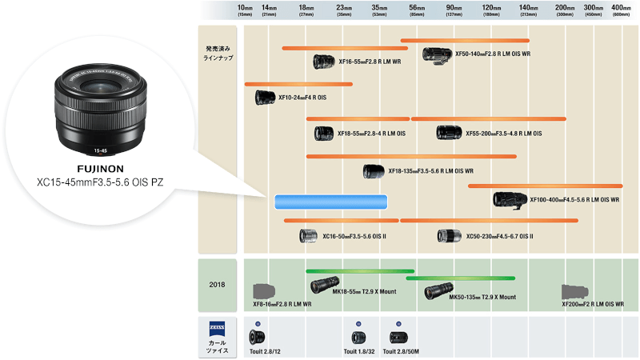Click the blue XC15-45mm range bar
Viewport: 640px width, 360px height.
330,202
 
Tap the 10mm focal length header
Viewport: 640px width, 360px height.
245,10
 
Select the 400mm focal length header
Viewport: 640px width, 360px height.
621,10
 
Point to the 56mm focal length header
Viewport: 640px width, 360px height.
417,10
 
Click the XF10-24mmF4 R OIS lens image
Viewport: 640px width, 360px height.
265,98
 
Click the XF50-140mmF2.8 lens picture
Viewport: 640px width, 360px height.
437,55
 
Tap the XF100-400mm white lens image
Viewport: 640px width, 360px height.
510,199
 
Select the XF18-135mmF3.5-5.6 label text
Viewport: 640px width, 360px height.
430,170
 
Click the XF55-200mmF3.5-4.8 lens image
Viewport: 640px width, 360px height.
448,132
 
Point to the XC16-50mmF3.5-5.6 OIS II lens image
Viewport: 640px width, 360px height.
309,235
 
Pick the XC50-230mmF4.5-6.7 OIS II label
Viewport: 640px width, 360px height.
499,236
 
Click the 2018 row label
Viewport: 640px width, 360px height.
217,283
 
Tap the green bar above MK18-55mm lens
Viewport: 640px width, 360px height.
359,271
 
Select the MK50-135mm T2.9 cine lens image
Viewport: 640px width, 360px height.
438,292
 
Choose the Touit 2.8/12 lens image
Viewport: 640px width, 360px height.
257,337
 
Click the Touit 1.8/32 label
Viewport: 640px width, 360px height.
359,351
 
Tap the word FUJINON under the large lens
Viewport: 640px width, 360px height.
100,170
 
